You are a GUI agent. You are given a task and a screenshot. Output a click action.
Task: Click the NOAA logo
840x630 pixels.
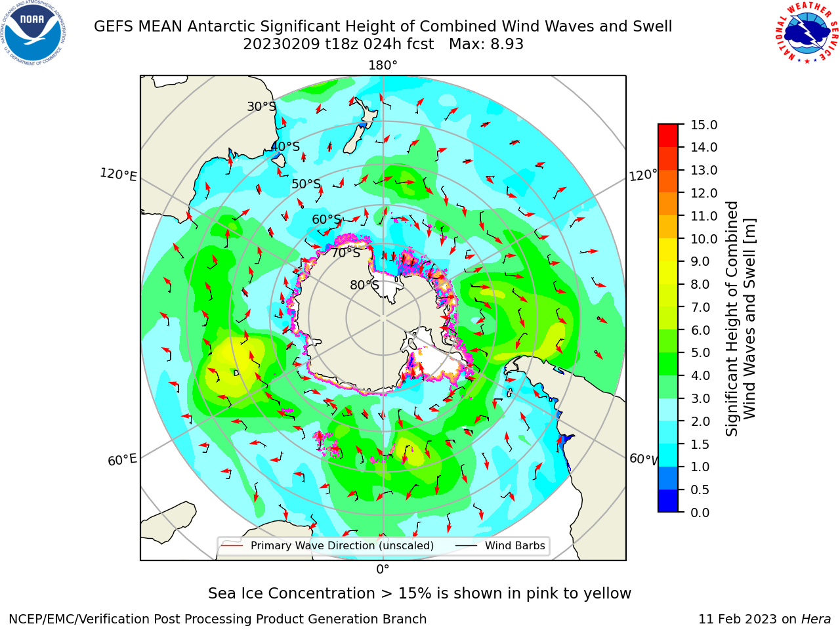click(x=33, y=33)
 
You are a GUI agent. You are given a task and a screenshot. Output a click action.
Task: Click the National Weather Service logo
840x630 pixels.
click(x=807, y=32)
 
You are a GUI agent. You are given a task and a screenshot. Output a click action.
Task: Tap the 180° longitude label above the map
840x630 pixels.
click(x=383, y=66)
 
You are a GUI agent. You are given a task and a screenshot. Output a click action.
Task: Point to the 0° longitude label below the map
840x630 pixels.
click(x=383, y=570)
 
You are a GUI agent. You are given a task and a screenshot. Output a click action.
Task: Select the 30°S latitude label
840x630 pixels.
click(x=261, y=106)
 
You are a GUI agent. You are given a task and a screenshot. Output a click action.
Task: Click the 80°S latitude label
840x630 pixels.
click(x=364, y=285)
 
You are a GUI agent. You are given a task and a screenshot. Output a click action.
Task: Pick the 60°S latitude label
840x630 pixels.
click(x=326, y=220)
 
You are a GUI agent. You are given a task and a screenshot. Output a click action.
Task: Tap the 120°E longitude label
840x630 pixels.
click(x=118, y=175)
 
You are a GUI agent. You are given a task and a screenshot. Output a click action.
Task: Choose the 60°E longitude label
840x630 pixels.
click(x=122, y=459)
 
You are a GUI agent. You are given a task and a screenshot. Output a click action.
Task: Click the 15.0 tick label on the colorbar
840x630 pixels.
click(x=703, y=125)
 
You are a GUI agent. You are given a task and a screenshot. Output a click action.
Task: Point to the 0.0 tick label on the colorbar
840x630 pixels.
click(x=700, y=513)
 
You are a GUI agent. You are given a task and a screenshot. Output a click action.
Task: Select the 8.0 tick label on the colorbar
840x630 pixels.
click(x=700, y=285)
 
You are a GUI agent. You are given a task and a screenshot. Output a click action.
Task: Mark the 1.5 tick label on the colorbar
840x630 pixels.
click(x=700, y=444)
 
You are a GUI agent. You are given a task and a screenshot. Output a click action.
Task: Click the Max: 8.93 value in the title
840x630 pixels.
click(x=486, y=45)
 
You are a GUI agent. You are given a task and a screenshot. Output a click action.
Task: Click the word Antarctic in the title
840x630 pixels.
click(x=220, y=26)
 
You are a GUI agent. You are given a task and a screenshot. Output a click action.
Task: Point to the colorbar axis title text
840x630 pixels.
click(x=740, y=319)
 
